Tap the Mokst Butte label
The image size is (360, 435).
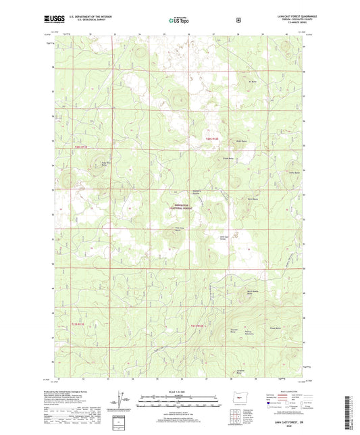coord(238,141)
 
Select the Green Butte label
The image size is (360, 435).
coord(228,157)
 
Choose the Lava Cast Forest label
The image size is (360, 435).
coord(228,238)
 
